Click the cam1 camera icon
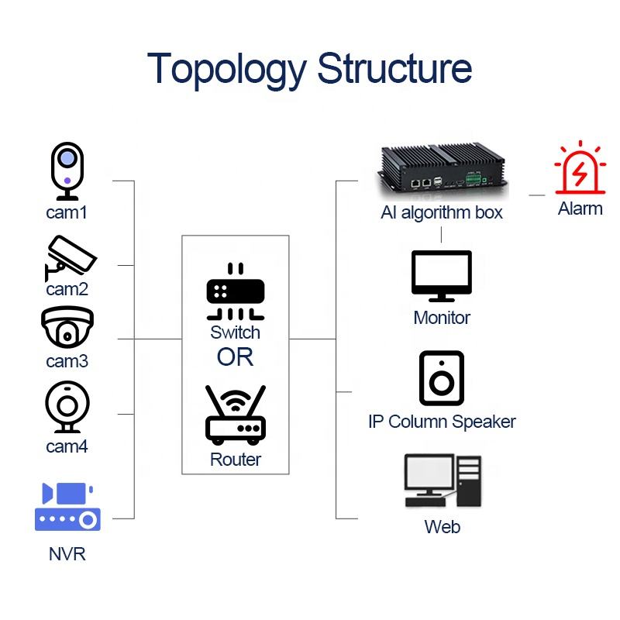67,170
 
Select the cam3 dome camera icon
67,329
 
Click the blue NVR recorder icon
67,508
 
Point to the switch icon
235,293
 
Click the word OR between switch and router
235,357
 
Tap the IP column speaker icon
441,378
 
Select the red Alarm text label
580,208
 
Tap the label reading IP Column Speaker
442,422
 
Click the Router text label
236,460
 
